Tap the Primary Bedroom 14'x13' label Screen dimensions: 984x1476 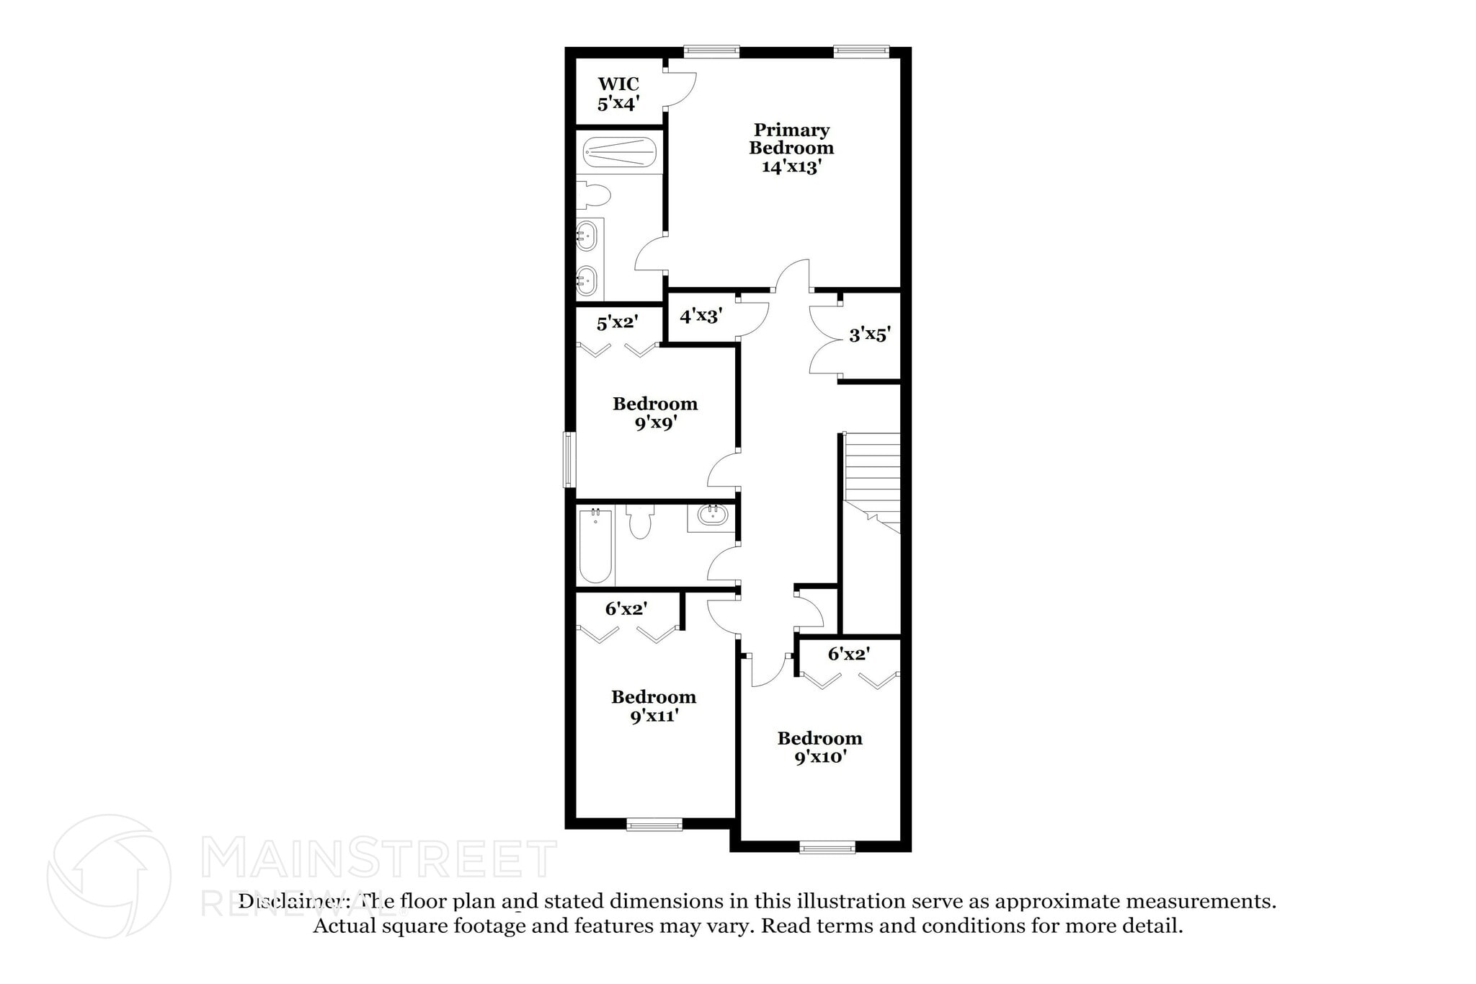click(x=791, y=149)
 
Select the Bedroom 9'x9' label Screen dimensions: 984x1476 click(x=655, y=413)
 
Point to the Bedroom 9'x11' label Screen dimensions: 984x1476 click(x=654, y=706)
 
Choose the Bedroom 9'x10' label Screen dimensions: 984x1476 click(x=819, y=748)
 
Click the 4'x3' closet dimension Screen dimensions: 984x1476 click(x=701, y=316)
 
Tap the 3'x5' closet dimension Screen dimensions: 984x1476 click(x=869, y=334)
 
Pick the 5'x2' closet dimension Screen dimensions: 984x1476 click(x=617, y=322)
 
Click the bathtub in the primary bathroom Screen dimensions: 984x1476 click(x=620, y=152)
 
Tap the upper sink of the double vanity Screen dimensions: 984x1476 click(x=587, y=235)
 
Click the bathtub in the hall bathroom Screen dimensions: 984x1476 click(x=595, y=546)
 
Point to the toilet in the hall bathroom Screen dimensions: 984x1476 click(x=639, y=523)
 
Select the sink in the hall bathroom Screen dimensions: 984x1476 click(x=712, y=515)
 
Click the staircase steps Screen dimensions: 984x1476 click(x=872, y=469)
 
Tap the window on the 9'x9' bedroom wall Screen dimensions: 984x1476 click(x=569, y=459)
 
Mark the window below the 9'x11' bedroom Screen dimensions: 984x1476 click(x=654, y=825)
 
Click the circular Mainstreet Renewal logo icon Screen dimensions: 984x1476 click(x=109, y=876)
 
